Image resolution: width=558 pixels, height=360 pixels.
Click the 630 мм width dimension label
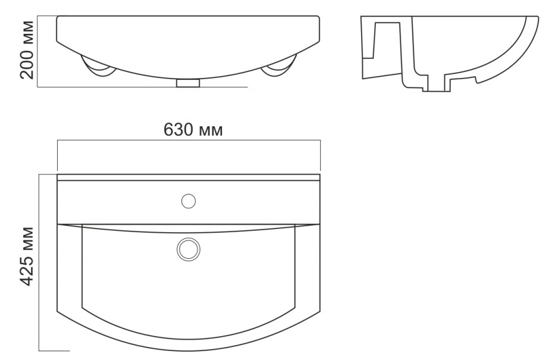click(193, 130)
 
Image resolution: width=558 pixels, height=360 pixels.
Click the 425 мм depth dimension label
click(27, 256)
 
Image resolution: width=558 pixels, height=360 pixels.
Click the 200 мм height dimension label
click(27, 49)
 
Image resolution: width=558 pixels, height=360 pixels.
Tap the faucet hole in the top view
click(189, 201)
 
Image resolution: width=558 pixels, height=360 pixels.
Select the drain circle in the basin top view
click(189, 249)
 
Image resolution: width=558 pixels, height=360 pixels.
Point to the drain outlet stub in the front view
click(188, 83)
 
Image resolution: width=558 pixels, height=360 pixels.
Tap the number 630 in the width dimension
click(178, 130)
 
